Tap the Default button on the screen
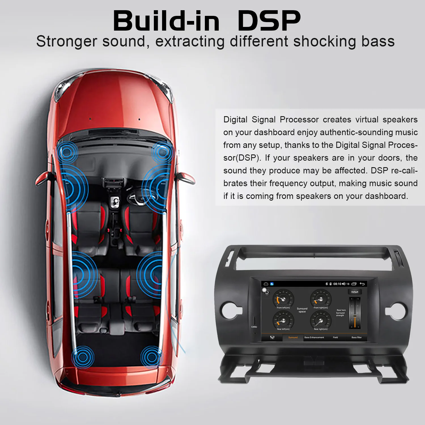355,292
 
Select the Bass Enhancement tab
314,337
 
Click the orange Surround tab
293,337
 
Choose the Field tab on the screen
335,337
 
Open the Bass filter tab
356,337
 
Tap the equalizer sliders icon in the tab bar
272,337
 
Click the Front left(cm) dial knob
283,299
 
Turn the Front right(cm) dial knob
320,299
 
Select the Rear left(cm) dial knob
283,320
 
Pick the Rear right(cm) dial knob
320,320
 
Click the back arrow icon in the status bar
362,284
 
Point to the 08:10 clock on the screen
337,284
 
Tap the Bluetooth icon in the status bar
326,284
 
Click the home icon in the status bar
266,284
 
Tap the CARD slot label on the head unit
254,327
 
